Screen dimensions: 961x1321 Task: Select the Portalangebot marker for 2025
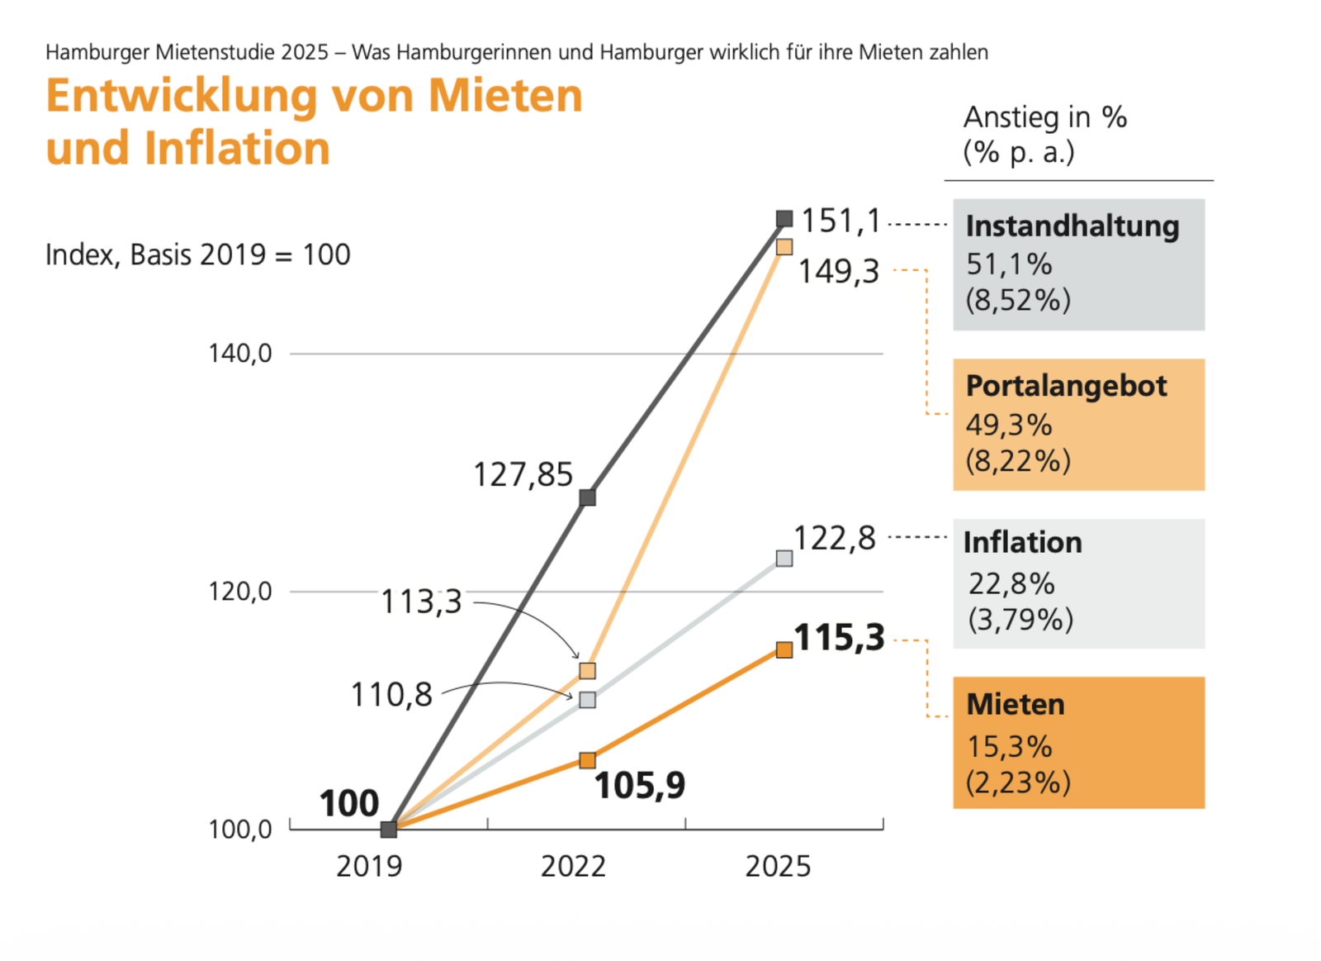click(x=784, y=247)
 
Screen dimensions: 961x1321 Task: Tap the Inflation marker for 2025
click(x=784, y=559)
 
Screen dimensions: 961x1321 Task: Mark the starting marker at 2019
click(x=389, y=829)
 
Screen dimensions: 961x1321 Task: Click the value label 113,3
click(x=421, y=602)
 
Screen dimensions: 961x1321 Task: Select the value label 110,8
click(x=391, y=695)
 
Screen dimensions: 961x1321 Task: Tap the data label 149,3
click(x=839, y=271)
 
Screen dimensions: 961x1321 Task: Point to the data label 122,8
click(x=835, y=539)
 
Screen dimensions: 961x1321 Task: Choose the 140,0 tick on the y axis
click(x=240, y=354)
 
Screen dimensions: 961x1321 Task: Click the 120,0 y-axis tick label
click(x=240, y=592)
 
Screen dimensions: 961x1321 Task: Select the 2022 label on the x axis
click(x=574, y=866)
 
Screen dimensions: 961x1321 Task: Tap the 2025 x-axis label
click(x=778, y=866)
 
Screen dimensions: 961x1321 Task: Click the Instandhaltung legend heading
click(x=1072, y=226)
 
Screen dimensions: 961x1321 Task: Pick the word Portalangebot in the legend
click(x=1067, y=386)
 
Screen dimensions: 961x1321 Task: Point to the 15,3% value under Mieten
click(x=1010, y=747)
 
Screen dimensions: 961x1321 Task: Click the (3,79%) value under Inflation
click(x=1020, y=619)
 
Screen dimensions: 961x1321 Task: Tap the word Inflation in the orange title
click(x=237, y=149)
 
